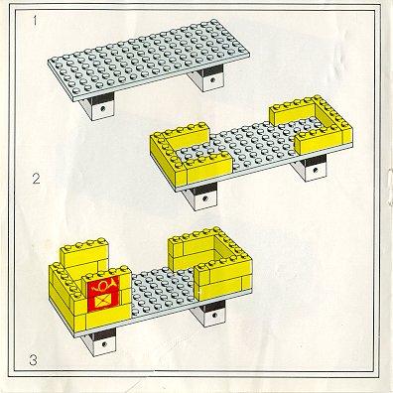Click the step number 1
35,21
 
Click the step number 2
36,179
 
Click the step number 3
33,360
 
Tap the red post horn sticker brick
103,293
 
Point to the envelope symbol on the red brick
103,302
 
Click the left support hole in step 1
103,108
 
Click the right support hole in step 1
212,79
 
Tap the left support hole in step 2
205,198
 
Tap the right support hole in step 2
316,171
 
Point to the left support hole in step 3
104,344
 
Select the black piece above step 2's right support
316,161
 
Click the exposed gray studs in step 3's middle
162,291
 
